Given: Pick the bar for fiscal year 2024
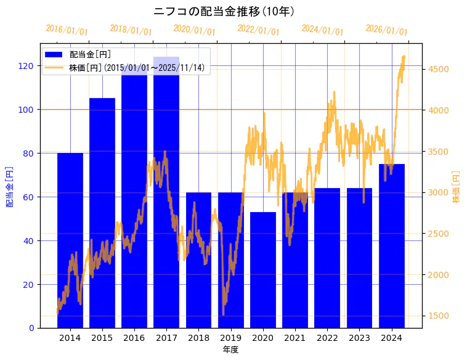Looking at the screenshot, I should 392,246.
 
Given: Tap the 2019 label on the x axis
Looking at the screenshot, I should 230,338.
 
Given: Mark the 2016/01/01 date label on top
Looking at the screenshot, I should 67,30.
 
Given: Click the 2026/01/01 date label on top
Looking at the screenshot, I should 387,30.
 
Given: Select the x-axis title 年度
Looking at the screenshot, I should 231,350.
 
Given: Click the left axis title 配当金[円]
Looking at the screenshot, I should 10,186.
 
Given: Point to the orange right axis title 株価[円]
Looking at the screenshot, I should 457,187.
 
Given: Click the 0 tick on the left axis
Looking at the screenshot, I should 31,328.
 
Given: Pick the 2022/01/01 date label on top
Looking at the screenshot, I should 259,30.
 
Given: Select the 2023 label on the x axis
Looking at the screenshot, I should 359,338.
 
